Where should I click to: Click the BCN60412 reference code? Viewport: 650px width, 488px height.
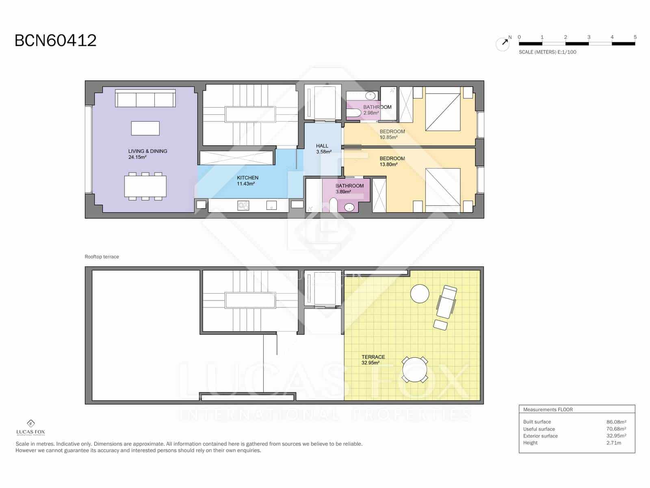[x=56, y=41]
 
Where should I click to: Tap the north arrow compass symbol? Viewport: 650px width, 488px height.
[x=503, y=44]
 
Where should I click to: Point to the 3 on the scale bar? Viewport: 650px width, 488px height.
[x=589, y=37]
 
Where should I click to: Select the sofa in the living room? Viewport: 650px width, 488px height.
[x=145, y=98]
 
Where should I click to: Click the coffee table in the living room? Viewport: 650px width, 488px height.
[x=145, y=129]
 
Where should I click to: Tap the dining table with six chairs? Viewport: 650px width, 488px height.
[x=145, y=186]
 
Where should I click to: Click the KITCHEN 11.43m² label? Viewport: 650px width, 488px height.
[x=247, y=181]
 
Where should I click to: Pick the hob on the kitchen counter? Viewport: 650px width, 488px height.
[x=243, y=206]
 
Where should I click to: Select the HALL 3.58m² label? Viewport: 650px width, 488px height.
[x=323, y=148]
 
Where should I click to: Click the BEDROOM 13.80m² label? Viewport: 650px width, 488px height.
[x=392, y=161]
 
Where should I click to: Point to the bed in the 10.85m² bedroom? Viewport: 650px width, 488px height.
[x=443, y=111]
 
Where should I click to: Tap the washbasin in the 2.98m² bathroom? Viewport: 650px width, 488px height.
[x=370, y=96]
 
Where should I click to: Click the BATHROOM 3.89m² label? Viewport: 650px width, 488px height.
[x=349, y=189]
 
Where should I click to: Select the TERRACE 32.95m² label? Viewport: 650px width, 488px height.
[x=373, y=359]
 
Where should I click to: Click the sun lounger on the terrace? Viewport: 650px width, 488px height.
[x=446, y=301]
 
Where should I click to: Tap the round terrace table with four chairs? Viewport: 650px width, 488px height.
[x=414, y=370]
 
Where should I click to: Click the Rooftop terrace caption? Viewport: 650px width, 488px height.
[x=102, y=257]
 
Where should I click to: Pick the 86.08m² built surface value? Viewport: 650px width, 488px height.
[x=616, y=422]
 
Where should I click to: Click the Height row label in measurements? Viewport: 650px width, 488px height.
[x=530, y=443]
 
